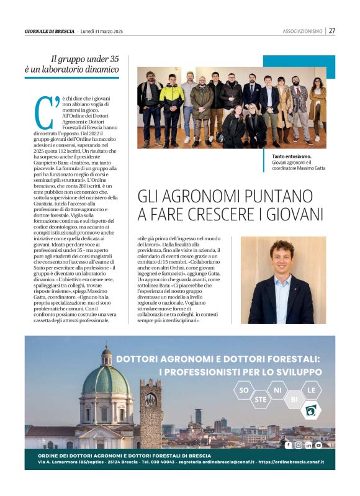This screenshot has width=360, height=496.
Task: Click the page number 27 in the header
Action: click(x=332, y=30)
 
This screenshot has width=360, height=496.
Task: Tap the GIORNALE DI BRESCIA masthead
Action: click(x=50, y=31)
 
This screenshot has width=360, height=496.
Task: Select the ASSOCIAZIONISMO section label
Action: click(x=302, y=31)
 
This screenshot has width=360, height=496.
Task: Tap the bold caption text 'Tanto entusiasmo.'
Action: click(x=292, y=156)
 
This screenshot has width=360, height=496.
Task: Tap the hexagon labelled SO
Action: click(x=243, y=390)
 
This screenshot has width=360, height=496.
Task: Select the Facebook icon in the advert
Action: click(x=288, y=445)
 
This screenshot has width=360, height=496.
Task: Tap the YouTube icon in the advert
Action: click(x=318, y=445)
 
